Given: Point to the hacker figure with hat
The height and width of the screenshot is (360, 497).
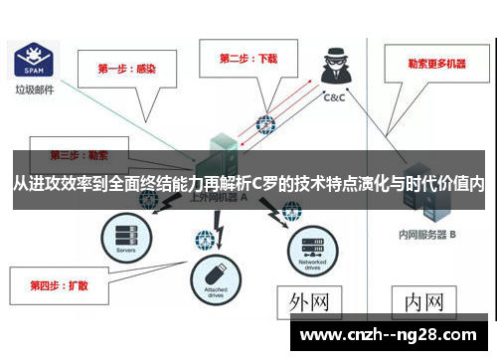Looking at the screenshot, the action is coord(332,71).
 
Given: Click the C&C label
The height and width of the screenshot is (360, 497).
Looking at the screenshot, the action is coord(334,98).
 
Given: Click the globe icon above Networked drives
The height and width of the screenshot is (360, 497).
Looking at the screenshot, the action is coord(291,210).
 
